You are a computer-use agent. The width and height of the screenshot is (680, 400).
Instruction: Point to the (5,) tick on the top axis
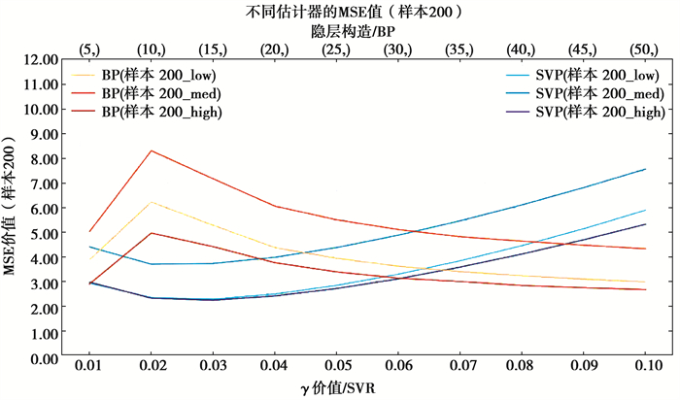89,48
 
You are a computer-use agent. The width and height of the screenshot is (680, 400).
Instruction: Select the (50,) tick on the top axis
645,48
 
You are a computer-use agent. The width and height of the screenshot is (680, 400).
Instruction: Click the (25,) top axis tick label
336,48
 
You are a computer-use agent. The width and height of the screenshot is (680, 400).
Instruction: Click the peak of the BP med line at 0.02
152,150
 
